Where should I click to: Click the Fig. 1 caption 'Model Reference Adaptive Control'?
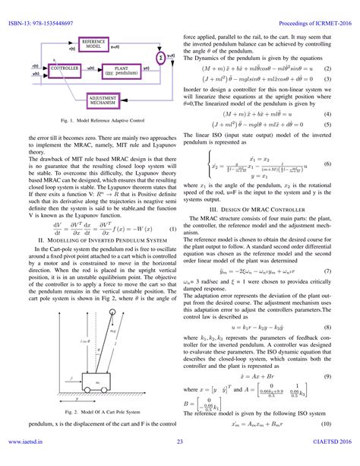pyautogui.click(x=95, y=121)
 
